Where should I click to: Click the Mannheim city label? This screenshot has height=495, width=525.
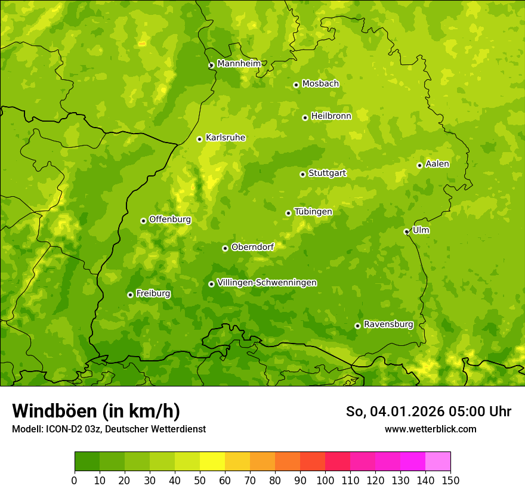point(239,64)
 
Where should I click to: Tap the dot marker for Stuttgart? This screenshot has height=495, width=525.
point(302,174)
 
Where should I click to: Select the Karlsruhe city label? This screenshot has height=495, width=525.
point(225,138)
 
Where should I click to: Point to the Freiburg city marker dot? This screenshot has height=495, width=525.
point(130,295)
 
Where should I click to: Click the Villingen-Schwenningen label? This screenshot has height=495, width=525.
point(267,283)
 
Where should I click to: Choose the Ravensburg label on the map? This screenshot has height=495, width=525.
point(388,324)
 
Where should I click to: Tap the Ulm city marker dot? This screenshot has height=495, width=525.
point(406,231)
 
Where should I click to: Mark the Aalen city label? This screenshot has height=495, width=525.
point(437,164)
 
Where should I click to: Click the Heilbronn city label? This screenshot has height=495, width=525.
point(331,116)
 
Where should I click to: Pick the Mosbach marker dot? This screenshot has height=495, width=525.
point(296,85)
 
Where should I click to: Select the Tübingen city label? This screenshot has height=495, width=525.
point(313,212)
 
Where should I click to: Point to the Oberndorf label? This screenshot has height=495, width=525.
point(252,247)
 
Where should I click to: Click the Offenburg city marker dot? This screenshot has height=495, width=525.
point(143,221)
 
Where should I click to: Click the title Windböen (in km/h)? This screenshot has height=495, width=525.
point(96,411)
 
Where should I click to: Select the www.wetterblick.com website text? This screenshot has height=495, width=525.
point(430,429)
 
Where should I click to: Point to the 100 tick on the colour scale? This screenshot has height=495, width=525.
point(325,480)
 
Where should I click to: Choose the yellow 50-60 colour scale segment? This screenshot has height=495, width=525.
point(212,462)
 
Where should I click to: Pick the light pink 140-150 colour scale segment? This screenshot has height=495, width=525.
point(438,462)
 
